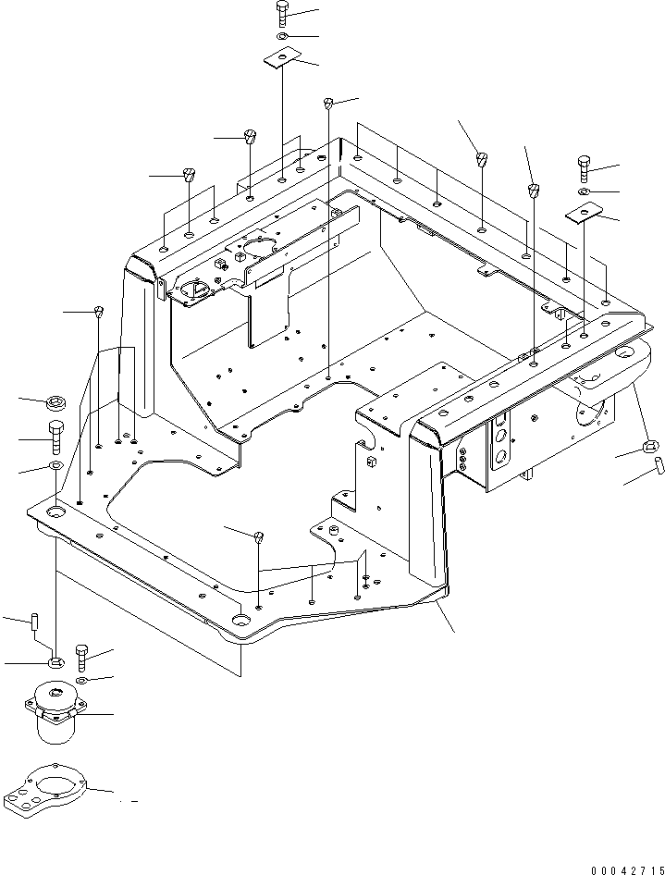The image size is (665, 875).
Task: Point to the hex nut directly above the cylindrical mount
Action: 55,662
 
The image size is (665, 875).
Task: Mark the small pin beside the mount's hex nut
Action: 33,621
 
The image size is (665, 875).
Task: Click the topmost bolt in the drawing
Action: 282,15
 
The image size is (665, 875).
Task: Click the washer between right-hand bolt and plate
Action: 585,191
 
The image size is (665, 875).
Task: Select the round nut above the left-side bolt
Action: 57,401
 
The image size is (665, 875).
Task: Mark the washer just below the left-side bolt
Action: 55,464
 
